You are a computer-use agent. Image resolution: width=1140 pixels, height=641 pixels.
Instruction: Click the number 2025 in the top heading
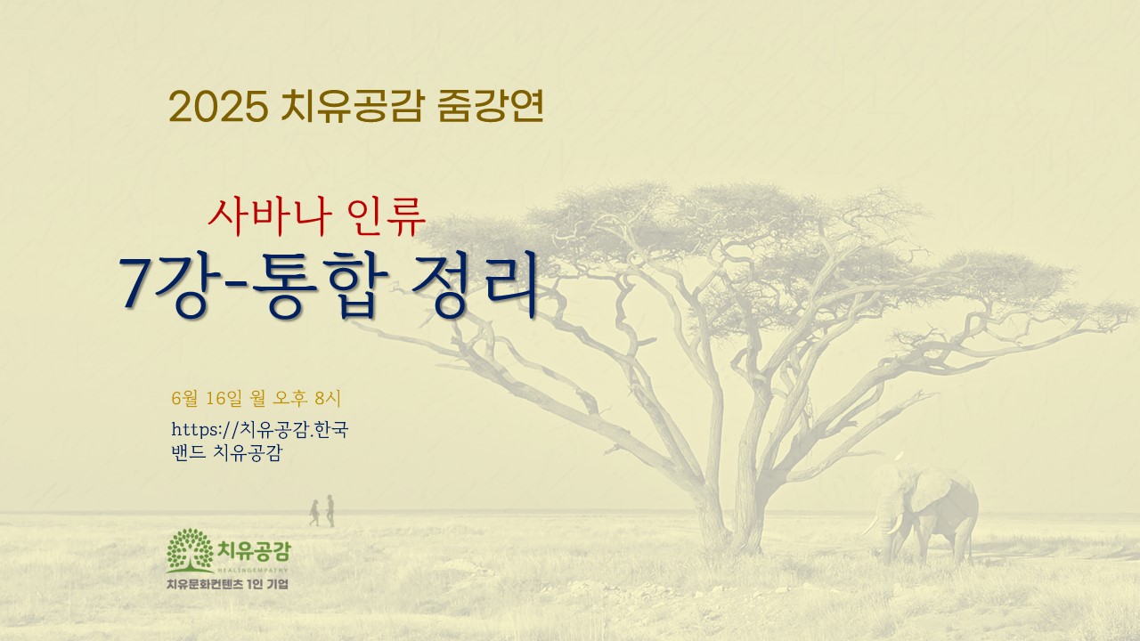[x=219, y=107]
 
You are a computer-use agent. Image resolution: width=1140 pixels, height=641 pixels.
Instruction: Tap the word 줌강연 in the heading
[x=491, y=106]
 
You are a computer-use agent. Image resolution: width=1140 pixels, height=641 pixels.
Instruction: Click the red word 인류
[x=385, y=216]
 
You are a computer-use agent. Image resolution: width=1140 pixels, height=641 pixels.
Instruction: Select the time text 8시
[x=328, y=398]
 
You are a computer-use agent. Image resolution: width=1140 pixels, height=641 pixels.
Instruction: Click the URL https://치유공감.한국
[x=260, y=429]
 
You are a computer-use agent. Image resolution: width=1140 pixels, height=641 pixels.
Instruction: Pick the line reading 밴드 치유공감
[x=227, y=452]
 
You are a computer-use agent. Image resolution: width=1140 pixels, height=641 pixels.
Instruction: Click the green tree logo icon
[x=190, y=550]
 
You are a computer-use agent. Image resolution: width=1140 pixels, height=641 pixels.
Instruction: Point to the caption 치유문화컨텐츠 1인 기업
[x=227, y=584]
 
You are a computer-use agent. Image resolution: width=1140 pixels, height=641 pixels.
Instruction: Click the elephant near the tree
[x=922, y=515]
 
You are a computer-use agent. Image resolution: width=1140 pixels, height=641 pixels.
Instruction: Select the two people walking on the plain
[x=322, y=511]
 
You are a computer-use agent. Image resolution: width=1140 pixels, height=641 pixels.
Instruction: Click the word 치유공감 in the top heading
[x=352, y=106]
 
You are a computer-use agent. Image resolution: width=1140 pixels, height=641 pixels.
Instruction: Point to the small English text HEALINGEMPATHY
[x=253, y=571]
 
